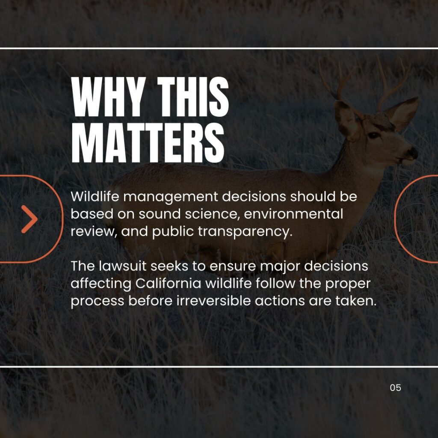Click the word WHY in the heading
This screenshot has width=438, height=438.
[x=108, y=97]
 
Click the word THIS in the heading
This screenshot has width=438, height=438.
[x=193, y=97]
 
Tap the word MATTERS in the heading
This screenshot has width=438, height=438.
[x=148, y=143]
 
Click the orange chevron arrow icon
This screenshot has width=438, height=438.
[x=30, y=219]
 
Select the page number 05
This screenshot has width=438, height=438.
[x=395, y=388]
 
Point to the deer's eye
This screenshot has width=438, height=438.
[x=373, y=136]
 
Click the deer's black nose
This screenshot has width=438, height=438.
[x=413, y=153]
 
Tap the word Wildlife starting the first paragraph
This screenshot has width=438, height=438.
[x=95, y=196]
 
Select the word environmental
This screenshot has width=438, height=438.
[x=293, y=214]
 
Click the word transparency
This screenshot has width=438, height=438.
[x=245, y=232]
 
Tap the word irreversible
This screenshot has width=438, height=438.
[x=213, y=301]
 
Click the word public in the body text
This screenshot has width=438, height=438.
[x=173, y=232]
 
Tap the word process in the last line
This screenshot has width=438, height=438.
[x=97, y=302]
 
